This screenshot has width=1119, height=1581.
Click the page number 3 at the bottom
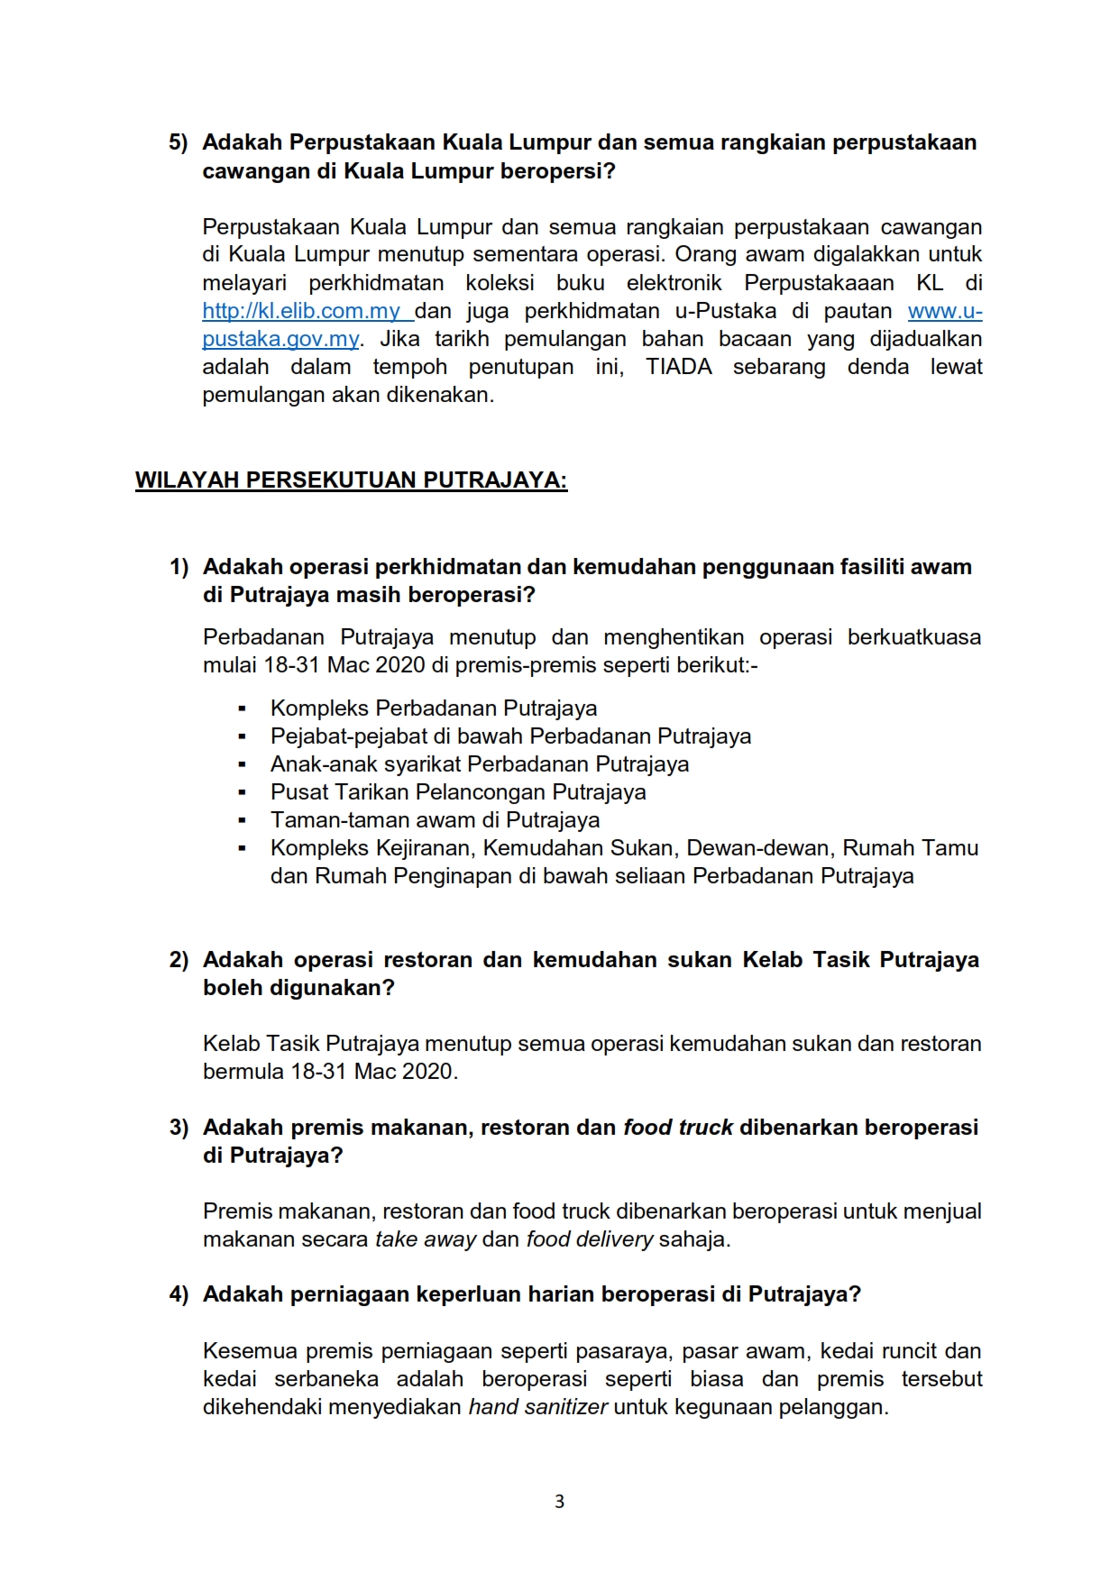tap(559, 1502)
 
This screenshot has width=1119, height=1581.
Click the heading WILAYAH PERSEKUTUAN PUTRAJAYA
tap(351, 480)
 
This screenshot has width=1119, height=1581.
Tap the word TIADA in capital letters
tap(678, 367)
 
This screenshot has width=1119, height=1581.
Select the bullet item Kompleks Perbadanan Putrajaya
tap(433, 708)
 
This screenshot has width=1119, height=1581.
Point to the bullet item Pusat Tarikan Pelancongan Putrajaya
tap(458, 792)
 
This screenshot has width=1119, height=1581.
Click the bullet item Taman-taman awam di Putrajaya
tap(435, 820)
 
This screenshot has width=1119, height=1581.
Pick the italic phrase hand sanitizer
tap(537, 1407)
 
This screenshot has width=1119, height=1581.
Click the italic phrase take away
tap(425, 1239)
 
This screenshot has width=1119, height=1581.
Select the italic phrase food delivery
tap(590, 1239)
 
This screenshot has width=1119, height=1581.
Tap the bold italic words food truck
tap(678, 1128)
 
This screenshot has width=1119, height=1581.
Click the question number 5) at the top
tap(178, 142)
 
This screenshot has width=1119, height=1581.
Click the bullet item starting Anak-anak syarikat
tap(479, 764)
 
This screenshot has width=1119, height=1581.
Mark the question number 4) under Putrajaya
tap(179, 1294)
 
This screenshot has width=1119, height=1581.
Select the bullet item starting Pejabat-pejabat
tap(510, 736)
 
